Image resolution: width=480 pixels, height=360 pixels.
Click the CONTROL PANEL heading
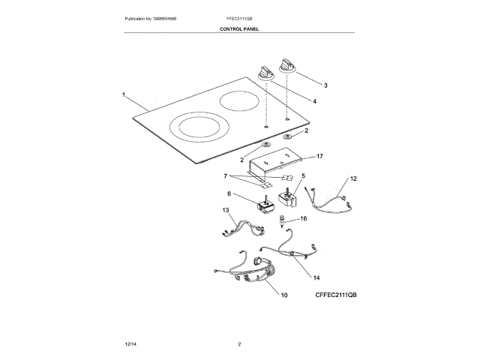pos(239,28)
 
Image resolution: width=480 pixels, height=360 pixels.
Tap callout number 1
pos(123,94)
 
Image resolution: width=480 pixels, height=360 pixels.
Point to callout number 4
pos(314,101)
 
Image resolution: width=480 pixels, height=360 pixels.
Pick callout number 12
pos(354,178)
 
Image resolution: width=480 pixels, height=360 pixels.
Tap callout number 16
pos(304,218)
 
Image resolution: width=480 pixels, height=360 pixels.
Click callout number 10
pos(284,295)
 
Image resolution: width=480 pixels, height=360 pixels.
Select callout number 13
pos(225,211)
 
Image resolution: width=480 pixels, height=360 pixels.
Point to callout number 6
pos(229,193)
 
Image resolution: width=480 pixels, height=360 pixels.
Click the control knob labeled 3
pos(288,65)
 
